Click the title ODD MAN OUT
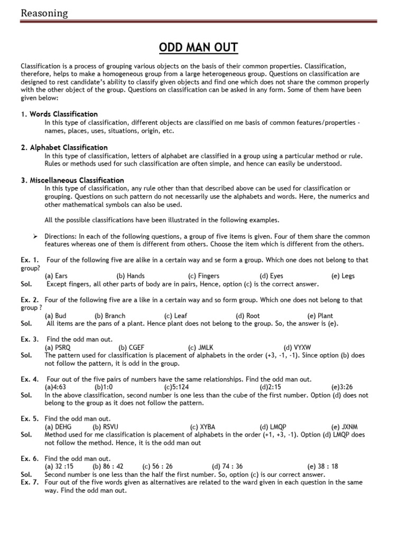[x=198, y=49]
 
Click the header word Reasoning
[x=44, y=13]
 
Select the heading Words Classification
[x=63, y=114]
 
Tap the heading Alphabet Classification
[x=68, y=147]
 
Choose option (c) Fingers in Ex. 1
[x=204, y=276]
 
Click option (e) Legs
[x=343, y=276]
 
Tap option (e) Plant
[x=320, y=315]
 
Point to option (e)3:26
[x=342, y=387]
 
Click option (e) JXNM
[x=344, y=427]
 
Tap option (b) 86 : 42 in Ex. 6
[x=108, y=466]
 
